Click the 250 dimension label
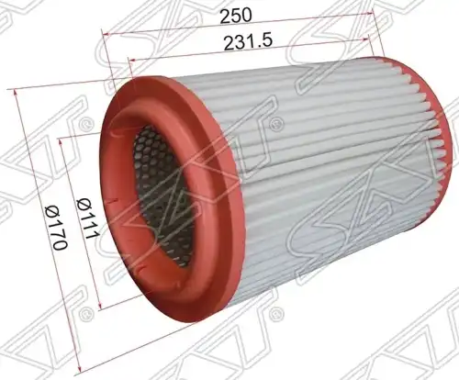tap(236, 16)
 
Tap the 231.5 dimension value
tap(248, 42)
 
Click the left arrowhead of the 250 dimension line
tap(106, 34)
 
